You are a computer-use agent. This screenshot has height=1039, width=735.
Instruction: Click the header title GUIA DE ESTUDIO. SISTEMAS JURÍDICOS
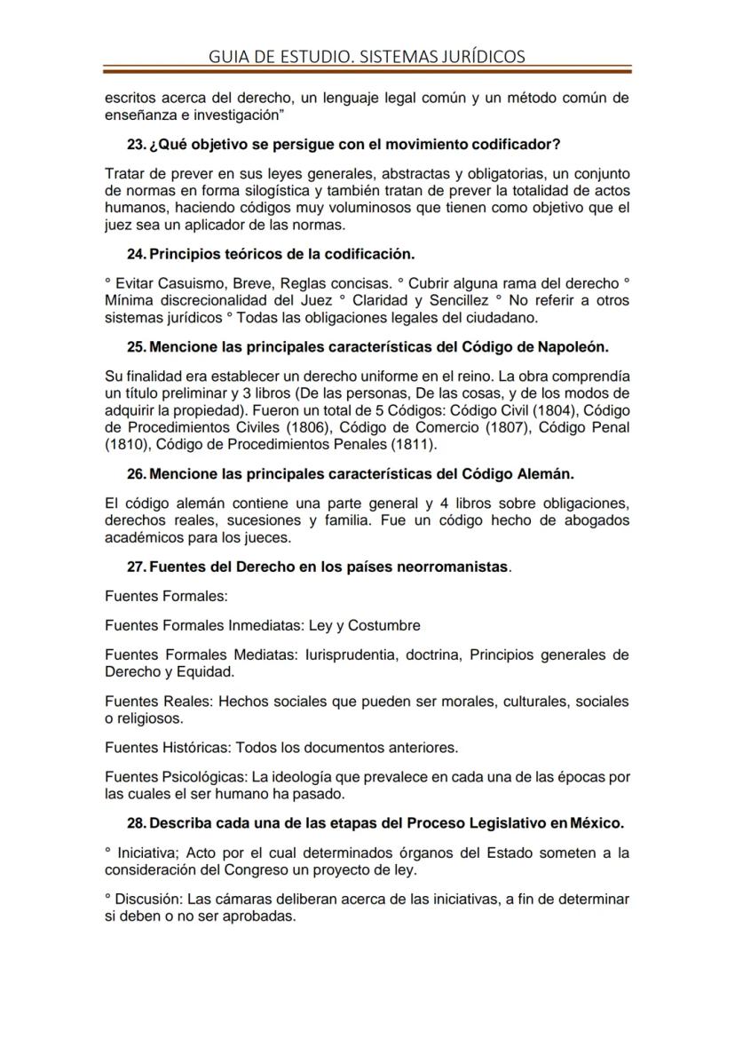tap(367, 56)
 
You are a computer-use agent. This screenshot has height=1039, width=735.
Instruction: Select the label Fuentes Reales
tap(157, 702)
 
